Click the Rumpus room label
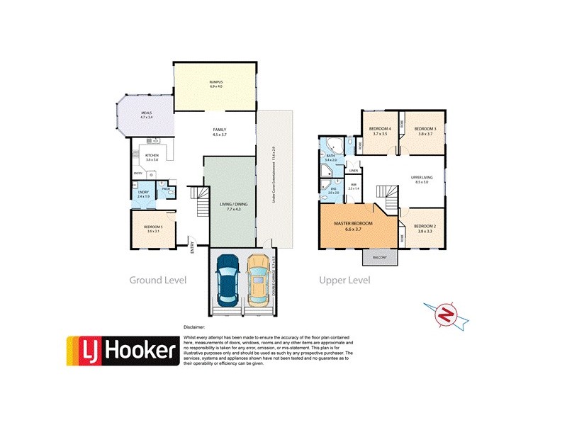[215, 84]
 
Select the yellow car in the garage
[259, 282]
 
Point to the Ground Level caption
[157, 280]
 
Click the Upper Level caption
[345, 280]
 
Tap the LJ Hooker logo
[121, 351]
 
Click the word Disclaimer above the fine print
[193, 328]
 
